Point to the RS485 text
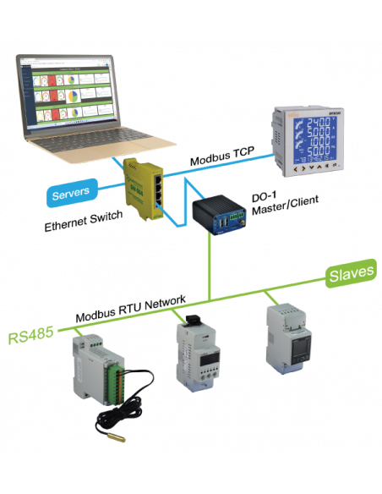tap(31, 337)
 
